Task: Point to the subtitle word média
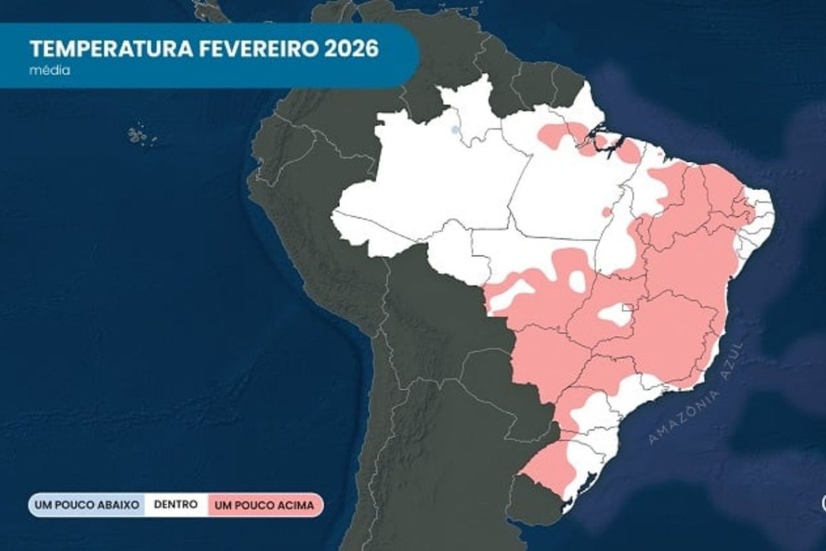point(49,71)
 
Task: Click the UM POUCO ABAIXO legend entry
point(86,506)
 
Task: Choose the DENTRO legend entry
point(176,505)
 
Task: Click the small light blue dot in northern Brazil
point(455,129)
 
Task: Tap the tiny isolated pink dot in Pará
point(606,212)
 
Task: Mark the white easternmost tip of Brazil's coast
point(762,210)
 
